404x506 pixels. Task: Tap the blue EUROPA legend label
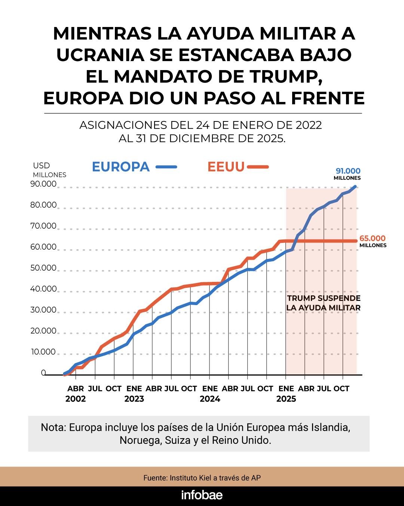(120, 167)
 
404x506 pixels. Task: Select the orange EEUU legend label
(226, 167)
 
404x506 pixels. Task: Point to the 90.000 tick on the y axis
(43, 184)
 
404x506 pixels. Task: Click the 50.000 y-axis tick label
(43, 268)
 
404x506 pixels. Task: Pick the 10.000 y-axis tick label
(43, 352)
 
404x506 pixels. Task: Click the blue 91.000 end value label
(348, 171)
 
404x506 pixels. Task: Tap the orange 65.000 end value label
(372, 238)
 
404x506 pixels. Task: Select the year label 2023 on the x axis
(134, 399)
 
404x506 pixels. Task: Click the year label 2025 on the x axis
(286, 399)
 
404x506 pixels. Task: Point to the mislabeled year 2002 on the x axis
(76, 399)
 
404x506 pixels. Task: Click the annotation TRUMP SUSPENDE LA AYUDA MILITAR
(324, 303)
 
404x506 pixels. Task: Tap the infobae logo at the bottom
(202, 495)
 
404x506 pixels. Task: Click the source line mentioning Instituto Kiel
(202, 478)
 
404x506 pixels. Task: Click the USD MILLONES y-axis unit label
(49, 170)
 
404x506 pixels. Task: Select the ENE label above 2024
(210, 389)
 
